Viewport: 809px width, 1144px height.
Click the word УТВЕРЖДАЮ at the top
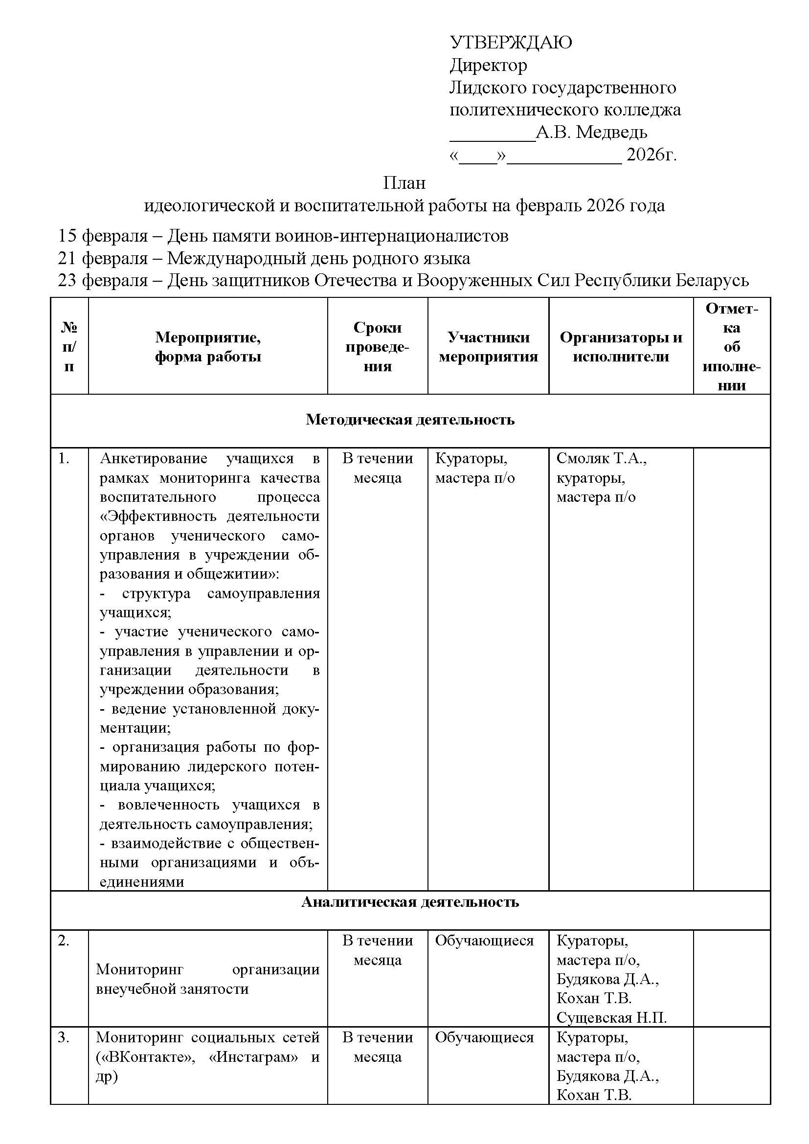511,43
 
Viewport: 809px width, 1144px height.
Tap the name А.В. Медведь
591,133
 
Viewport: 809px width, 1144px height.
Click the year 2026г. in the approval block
651,155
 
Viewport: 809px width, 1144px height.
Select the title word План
404,183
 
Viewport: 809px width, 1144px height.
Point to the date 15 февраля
103,236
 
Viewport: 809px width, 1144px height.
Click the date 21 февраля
103,258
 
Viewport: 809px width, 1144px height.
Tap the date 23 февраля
103,281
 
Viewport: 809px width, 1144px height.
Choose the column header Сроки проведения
377,347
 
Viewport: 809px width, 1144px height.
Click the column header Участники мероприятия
488,347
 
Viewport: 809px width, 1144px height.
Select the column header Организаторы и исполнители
621,347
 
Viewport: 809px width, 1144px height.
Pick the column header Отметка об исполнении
731,347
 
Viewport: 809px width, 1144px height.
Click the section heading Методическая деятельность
410,420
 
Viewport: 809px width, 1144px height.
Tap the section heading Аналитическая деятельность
410,902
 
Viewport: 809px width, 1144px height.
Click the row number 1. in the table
64,458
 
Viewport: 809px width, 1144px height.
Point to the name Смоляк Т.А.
601,458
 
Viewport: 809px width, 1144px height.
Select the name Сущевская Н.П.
611,1017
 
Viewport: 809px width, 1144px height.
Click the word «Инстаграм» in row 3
254,1057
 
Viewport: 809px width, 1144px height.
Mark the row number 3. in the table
64,1037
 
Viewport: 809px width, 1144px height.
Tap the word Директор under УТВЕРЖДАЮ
488,65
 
